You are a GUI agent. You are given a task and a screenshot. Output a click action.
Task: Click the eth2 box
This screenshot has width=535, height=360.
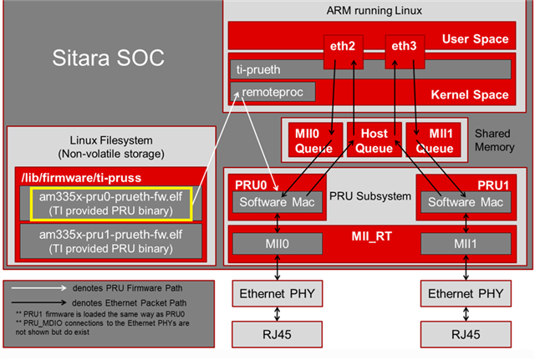(343, 46)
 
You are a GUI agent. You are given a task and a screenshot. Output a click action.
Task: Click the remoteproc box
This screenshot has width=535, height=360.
(273, 90)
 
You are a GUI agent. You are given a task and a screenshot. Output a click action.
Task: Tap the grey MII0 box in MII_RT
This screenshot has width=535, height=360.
(276, 244)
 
